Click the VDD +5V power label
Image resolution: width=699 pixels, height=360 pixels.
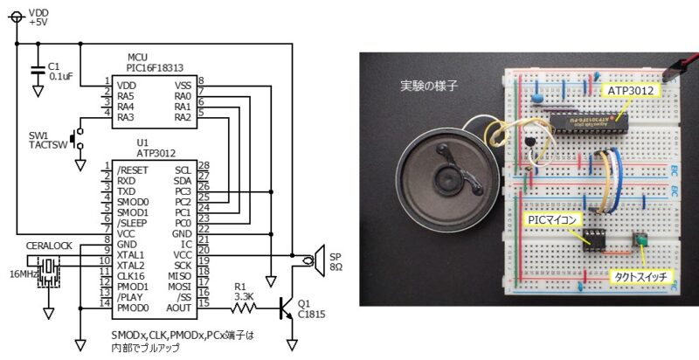[x=40, y=17]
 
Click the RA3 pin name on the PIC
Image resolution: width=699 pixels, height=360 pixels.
[x=125, y=117]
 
